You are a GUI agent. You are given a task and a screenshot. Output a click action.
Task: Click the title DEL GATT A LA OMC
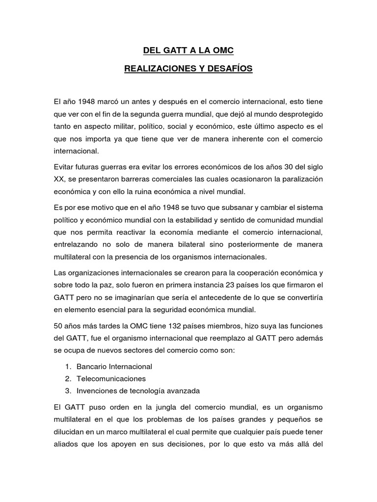click(188, 50)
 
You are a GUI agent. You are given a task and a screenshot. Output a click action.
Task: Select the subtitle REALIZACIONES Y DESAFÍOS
click(188, 69)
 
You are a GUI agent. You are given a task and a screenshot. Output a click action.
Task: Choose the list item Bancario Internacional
click(114, 366)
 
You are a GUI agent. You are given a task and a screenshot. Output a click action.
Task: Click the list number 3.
click(67, 391)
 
